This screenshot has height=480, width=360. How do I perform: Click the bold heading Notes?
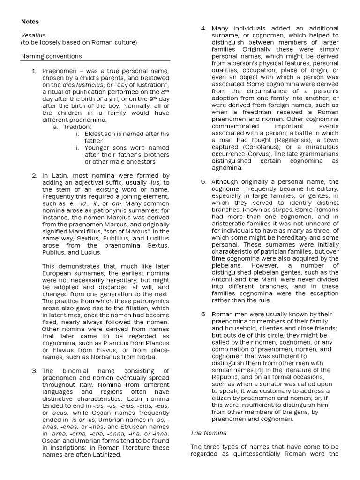(30, 22)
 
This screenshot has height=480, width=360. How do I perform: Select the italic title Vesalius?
(32, 35)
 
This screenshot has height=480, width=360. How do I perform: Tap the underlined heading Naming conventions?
(52, 56)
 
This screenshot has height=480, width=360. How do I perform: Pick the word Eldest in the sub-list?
(95, 134)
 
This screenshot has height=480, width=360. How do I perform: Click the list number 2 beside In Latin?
(34, 175)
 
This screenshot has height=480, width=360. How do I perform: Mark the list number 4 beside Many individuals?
(203, 29)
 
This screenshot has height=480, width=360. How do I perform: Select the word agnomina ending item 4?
(227, 167)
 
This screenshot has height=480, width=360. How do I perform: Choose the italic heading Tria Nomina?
(208, 433)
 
